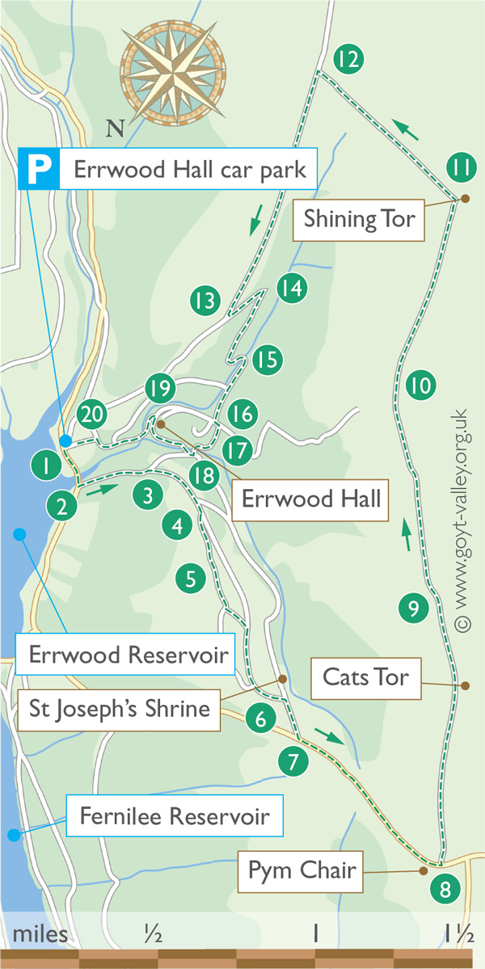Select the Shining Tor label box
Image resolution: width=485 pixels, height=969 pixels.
[x=359, y=218]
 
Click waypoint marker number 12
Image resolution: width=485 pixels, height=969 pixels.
[x=348, y=59]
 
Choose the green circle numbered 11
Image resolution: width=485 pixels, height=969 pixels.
[x=462, y=168]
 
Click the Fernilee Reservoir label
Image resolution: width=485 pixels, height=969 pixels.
[x=174, y=816]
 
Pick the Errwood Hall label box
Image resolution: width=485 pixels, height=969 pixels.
[x=311, y=498]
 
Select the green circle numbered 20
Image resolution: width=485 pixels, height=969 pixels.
[x=92, y=415]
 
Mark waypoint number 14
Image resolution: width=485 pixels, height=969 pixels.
[x=292, y=288]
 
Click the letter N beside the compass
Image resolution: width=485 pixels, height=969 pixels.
[x=116, y=128]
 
